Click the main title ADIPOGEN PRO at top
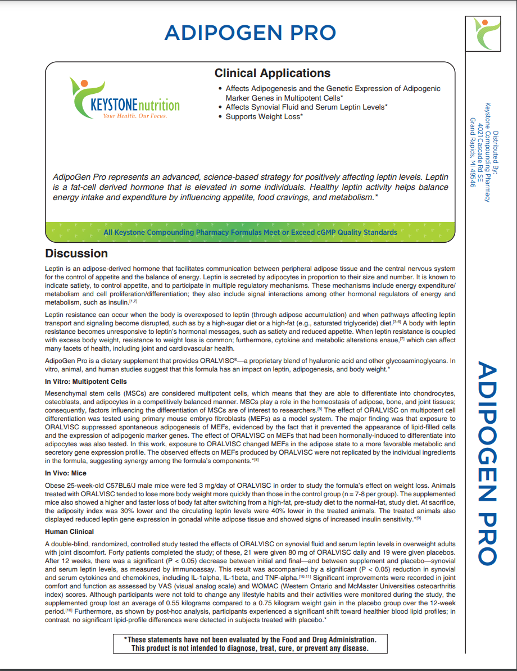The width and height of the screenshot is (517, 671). (x=250, y=33)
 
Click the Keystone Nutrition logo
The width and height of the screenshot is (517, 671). (x=125, y=99)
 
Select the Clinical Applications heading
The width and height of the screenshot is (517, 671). (x=272, y=73)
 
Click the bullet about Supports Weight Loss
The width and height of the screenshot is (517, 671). (x=264, y=117)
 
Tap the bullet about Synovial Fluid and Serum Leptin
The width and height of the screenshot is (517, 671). (x=306, y=107)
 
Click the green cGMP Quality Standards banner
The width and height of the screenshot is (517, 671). (x=250, y=232)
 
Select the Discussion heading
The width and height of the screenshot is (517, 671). (x=76, y=253)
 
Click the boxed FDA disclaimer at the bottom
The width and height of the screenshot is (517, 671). (x=250, y=643)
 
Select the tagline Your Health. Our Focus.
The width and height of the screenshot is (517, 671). (x=134, y=116)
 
